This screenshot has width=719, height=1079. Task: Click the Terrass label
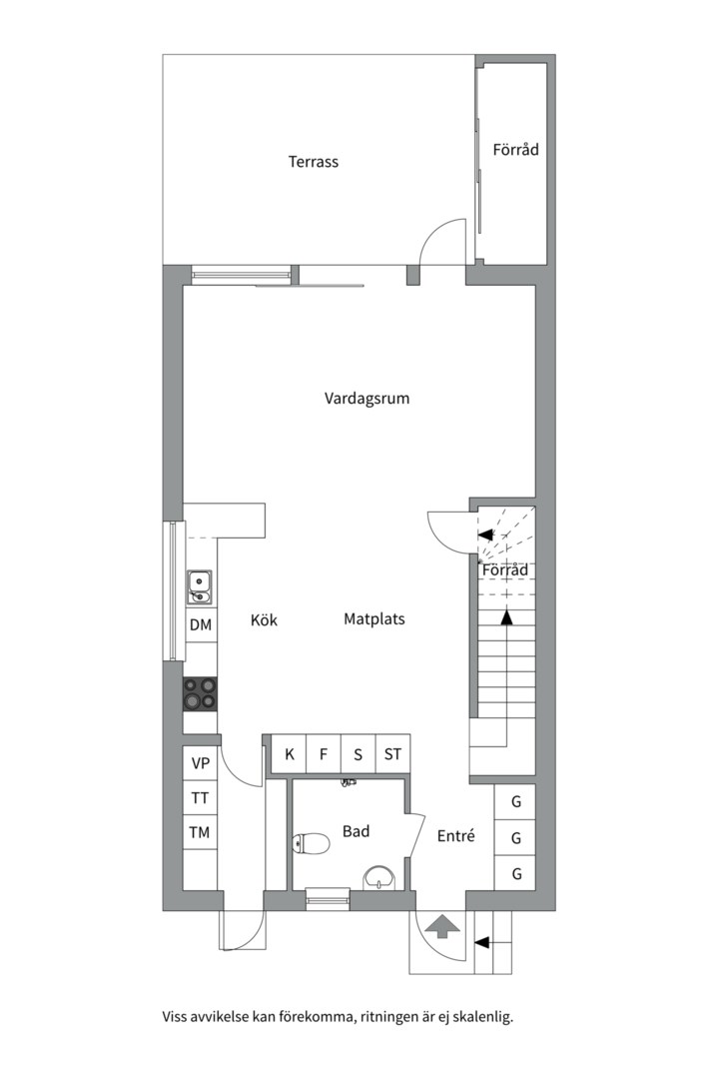click(x=313, y=162)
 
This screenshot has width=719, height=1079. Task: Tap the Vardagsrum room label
click(x=366, y=399)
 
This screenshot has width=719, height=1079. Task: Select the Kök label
click(x=264, y=620)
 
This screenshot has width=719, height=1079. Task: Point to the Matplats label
click(x=374, y=619)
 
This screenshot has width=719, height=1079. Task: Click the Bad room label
click(x=356, y=831)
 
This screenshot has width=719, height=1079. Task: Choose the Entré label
click(x=456, y=836)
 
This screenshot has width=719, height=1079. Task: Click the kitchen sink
click(x=200, y=587)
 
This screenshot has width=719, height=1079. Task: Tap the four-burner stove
click(x=200, y=693)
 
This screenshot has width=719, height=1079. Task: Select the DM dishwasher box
click(x=200, y=624)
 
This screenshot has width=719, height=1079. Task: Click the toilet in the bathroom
click(x=311, y=843)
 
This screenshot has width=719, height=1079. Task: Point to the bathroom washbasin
click(x=379, y=877)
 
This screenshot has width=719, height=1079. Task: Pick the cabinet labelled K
click(x=289, y=754)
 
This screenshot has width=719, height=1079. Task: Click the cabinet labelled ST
click(x=392, y=754)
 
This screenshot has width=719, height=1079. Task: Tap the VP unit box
click(x=200, y=763)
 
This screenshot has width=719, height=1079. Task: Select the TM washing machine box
click(x=200, y=832)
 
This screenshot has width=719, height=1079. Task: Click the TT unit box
click(x=200, y=798)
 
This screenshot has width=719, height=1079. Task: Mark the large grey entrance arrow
click(x=441, y=926)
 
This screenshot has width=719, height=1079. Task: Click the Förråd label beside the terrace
click(x=515, y=149)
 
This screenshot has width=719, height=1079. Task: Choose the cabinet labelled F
click(x=324, y=754)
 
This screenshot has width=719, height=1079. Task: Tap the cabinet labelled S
click(x=359, y=754)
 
